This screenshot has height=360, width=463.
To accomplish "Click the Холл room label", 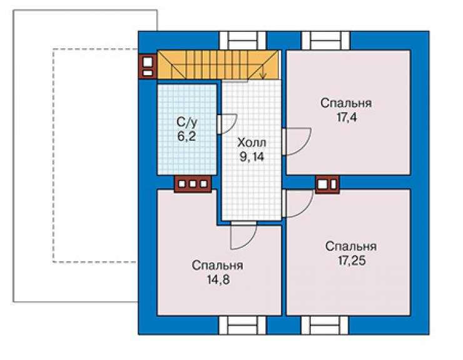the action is [x=252, y=143].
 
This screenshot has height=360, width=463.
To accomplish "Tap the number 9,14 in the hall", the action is [x=252, y=157].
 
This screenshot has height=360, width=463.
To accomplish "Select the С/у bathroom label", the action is [x=187, y=121].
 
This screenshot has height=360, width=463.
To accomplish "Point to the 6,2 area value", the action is [x=186, y=136].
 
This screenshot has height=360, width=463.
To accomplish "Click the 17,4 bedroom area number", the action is [x=347, y=117].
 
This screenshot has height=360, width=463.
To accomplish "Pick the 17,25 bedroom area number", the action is [x=352, y=260].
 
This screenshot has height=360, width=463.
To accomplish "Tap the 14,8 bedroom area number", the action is [x=218, y=280].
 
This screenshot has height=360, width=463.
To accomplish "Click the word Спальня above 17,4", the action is [x=346, y=103].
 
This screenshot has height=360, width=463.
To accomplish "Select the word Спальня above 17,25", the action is [x=351, y=247].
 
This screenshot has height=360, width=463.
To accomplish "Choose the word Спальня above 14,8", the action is [x=217, y=265].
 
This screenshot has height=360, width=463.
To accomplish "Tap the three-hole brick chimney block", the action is [x=193, y=184].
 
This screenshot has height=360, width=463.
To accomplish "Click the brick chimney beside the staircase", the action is [x=148, y=66].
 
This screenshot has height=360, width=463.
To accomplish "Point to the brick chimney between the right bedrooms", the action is [x=327, y=184].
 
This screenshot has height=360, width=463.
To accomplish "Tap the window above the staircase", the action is [x=242, y=41].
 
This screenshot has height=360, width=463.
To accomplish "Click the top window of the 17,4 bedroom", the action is [x=325, y=41].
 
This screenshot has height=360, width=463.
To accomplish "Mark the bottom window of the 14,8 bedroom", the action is [x=242, y=326].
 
